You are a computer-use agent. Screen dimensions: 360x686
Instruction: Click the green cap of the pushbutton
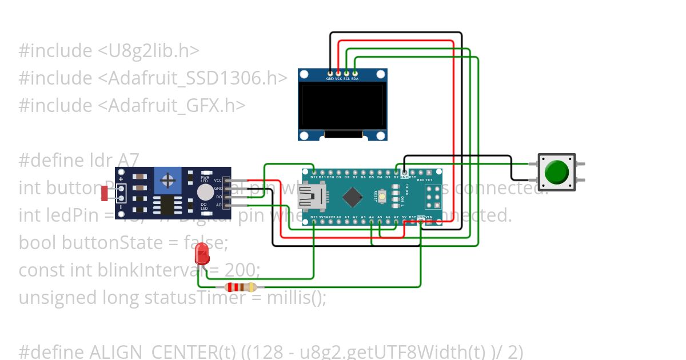click(556, 172)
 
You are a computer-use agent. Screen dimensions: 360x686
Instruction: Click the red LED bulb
click(202, 252)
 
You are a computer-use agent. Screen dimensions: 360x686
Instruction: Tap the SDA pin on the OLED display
click(355, 74)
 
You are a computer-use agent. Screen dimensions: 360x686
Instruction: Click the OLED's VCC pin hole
click(338, 74)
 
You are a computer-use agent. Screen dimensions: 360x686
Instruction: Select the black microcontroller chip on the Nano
click(353, 197)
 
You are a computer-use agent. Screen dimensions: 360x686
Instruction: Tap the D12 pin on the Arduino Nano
click(314, 171)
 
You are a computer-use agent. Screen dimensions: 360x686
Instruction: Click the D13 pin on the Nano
click(314, 222)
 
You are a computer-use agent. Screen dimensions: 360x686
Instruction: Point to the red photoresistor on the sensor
click(105, 193)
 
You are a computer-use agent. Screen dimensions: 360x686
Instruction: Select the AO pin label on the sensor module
click(218, 205)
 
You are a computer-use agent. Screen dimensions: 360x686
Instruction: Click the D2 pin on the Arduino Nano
click(396, 171)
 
